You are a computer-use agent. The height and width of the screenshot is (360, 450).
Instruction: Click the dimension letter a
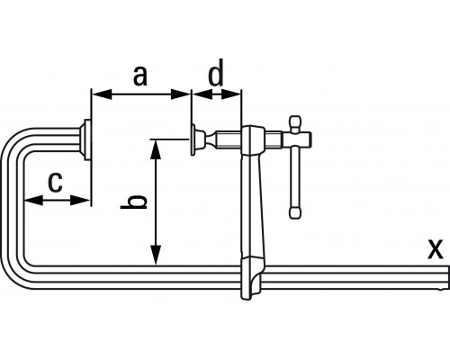coord(140,76)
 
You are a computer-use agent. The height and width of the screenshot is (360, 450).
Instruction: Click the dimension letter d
coord(216,73)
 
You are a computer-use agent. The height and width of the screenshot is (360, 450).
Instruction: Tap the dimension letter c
coord(55,182)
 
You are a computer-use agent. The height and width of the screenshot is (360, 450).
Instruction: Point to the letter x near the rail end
coord(436,249)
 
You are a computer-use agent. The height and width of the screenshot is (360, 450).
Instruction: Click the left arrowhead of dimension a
coord(102,94)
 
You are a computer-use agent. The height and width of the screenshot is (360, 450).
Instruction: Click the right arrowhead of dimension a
coord(180,94)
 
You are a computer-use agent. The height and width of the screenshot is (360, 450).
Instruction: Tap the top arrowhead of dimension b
coord(156,149)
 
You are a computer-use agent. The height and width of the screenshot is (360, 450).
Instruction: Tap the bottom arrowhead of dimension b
coord(156,256)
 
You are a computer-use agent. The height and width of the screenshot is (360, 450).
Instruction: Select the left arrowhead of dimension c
coord(33,200)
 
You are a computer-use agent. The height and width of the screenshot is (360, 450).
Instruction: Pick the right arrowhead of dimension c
coord(80,200)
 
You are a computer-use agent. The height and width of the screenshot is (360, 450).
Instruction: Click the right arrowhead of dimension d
coord(231,94)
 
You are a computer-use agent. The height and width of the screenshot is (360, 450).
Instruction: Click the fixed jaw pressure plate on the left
coord(85,139)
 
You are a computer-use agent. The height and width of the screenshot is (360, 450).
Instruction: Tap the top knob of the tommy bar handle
coord(295,123)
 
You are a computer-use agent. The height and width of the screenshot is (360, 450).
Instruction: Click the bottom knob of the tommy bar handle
coord(295,212)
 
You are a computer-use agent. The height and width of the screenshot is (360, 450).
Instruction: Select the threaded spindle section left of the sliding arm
coord(229,139)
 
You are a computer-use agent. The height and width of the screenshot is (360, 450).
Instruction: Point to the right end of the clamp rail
coord(448,277)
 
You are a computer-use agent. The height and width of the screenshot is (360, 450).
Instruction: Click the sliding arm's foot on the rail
coord(253,278)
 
